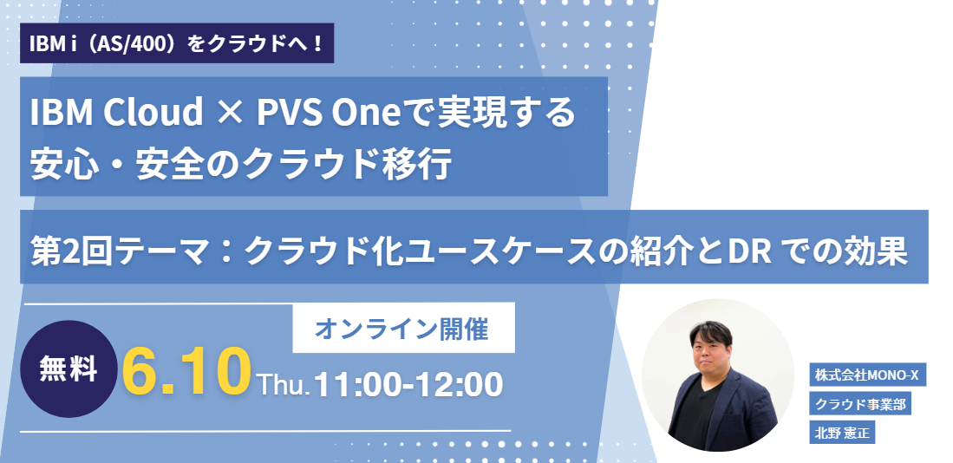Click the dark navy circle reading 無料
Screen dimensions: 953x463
pyautogui.click(x=68, y=368)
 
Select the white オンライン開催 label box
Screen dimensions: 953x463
pyautogui.click(x=403, y=328)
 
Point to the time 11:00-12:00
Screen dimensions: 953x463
pyautogui.click(x=408, y=383)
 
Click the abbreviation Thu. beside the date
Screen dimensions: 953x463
pyautogui.click(x=284, y=385)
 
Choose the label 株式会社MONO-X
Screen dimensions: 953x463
pyautogui.click(x=867, y=375)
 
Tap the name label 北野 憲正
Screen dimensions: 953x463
pyautogui.click(x=842, y=433)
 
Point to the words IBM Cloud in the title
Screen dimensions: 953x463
pyautogui.click(x=116, y=113)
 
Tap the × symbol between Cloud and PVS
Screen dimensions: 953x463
pyautogui.click(x=229, y=114)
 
